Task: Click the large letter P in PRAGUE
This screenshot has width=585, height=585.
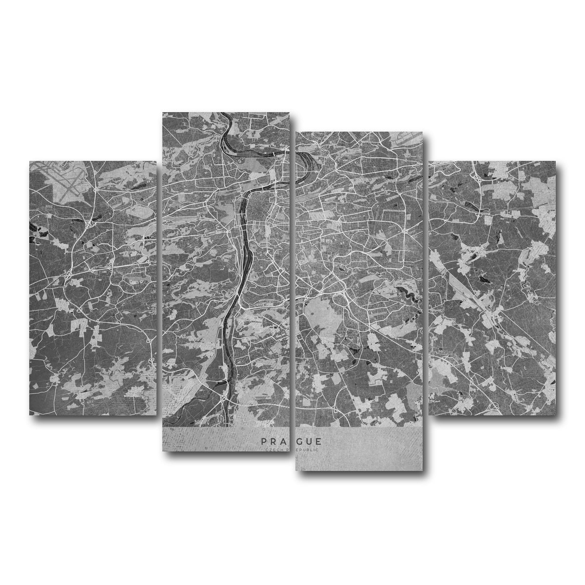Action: (x=263, y=441)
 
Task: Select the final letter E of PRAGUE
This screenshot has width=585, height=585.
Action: (x=318, y=441)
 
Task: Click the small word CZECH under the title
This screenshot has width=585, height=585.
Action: (x=271, y=450)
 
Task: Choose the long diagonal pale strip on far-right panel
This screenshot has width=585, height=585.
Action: (x=468, y=292)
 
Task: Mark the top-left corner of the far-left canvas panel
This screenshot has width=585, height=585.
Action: (x=30, y=162)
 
